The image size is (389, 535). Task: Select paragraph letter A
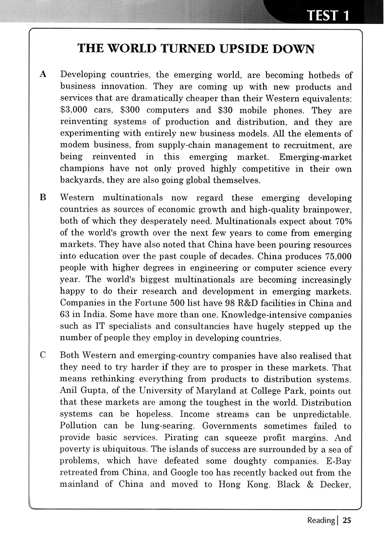(x=43, y=74)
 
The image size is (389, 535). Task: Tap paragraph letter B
(x=43, y=197)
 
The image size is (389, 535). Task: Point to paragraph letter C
(x=43, y=355)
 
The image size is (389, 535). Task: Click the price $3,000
(x=76, y=110)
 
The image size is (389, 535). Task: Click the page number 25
(x=346, y=520)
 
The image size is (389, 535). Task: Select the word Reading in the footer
(x=320, y=520)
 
